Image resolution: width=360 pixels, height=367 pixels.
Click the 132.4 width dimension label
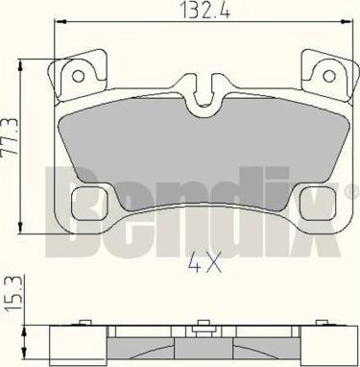point(205,10)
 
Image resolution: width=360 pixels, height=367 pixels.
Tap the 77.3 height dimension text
point(11,137)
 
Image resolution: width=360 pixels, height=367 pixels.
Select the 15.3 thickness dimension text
point(13,295)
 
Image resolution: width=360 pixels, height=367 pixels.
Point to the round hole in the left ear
point(78,76)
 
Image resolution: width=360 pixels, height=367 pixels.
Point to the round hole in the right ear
point(328,76)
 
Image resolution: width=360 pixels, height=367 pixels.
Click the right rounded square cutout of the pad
point(319,204)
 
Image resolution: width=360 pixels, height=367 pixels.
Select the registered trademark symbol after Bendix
point(351,190)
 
